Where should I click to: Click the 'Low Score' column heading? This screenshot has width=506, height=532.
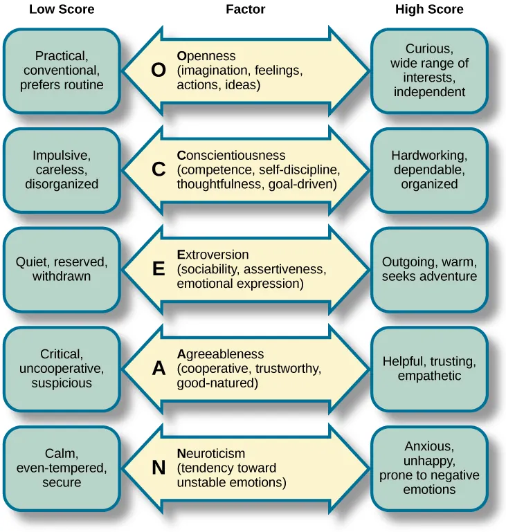62,10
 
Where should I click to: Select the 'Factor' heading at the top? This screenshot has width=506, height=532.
246,10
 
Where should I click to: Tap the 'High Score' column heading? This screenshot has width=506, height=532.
429,10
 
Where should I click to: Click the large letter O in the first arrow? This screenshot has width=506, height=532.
159,71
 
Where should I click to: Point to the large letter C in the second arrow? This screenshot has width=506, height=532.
159,170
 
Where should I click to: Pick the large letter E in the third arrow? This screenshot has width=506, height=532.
159,270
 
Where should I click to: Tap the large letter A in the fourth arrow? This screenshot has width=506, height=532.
159,369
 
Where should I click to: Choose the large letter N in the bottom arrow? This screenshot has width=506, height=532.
159,468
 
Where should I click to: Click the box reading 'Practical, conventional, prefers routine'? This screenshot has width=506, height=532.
62,71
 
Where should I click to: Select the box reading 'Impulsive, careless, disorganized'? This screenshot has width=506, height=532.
62,170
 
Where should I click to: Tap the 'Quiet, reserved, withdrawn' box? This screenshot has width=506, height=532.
62,270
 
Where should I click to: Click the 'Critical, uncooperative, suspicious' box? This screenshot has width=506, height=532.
62,369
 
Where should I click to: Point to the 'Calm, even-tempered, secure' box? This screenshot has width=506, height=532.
62,468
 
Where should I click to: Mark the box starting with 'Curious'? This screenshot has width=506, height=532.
429,71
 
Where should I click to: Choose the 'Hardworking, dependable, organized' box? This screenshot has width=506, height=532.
429,170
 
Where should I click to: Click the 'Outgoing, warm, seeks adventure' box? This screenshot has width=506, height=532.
429,270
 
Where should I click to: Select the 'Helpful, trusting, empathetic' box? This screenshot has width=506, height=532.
429,369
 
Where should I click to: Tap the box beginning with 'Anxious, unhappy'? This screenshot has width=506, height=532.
429,468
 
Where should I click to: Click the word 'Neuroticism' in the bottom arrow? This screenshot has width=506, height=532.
211,454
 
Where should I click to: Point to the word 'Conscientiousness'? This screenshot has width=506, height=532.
231,156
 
